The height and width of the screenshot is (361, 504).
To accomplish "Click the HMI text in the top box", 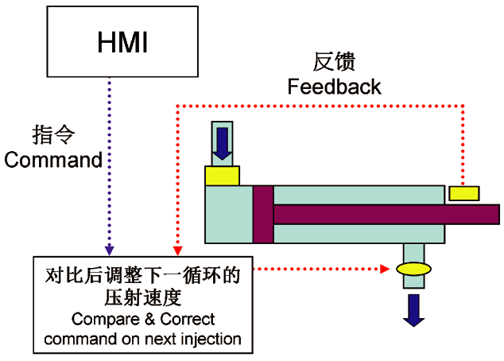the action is click(122, 42).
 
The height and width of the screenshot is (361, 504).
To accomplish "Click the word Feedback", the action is click(335, 87).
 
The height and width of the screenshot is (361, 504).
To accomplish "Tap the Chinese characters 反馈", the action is click(335, 61).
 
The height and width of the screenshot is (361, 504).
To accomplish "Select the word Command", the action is click(53, 160).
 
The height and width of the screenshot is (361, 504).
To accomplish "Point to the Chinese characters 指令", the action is click(53, 134).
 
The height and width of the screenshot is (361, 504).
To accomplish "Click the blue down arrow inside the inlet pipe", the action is click(223, 144).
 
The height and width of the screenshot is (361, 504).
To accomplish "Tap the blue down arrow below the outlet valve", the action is click(414, 310).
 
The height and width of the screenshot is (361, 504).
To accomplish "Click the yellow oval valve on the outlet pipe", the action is click(413, 269).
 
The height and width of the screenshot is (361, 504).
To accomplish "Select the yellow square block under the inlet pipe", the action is click(222, 176).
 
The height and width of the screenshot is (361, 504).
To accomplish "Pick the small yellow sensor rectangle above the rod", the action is click(464, 193).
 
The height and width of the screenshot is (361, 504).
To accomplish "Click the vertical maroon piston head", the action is click(263, 214).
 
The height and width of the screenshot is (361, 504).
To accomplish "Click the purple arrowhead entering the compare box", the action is click(110, 250).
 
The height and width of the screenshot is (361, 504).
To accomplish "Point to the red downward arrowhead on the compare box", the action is click(178, 250).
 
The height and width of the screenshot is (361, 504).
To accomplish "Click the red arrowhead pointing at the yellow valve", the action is click(385, 269).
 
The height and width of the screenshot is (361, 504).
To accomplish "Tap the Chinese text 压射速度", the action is click(143, 297).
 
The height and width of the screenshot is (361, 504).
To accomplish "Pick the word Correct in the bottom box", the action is click(188, 319).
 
